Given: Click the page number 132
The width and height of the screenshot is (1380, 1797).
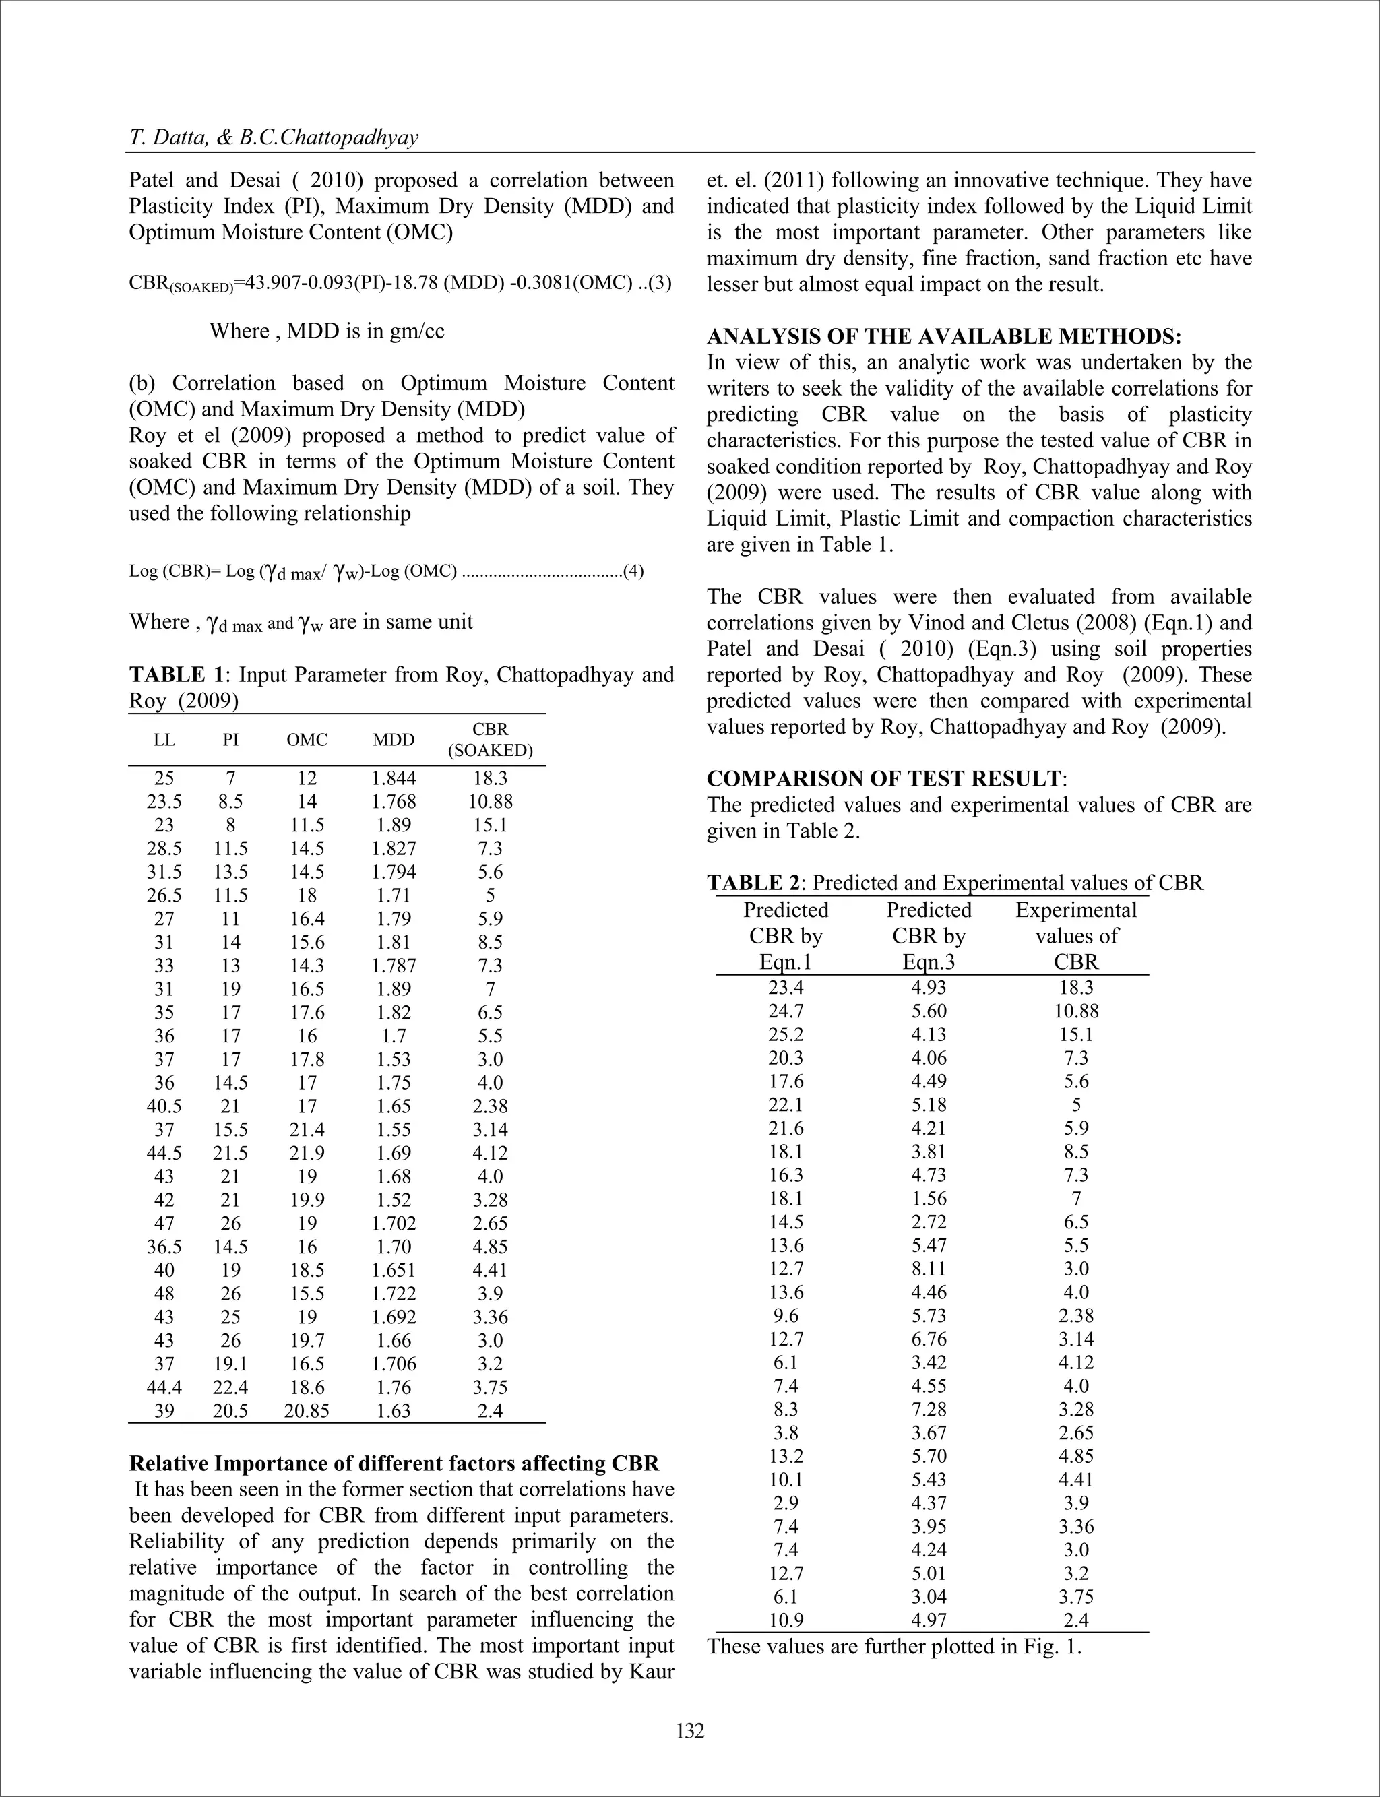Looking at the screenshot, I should click(x=690, y=1730).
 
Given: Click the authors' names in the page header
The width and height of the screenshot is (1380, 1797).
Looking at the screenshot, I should click(x=274, y=137).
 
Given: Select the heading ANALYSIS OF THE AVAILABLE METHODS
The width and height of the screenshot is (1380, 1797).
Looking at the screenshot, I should click(x=944, y=336).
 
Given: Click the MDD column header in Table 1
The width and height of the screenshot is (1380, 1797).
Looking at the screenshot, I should click(x=394, y=739).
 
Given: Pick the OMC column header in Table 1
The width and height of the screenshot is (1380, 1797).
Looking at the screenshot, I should click(x=307, y=739).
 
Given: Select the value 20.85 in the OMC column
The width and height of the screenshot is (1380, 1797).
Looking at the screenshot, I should click(x=307, y=1410).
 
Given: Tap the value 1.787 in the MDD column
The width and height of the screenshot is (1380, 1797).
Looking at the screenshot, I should click(x=394, y=965).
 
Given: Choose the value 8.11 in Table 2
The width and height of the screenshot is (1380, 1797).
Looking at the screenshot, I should click(x=929, y=1268).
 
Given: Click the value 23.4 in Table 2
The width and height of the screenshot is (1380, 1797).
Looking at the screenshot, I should click(x=785, y=987).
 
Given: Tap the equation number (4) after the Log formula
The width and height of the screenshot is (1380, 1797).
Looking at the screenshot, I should click(x=633, y=571).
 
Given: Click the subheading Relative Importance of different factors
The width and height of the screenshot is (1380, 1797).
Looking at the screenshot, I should click(x=394, y=1463).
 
